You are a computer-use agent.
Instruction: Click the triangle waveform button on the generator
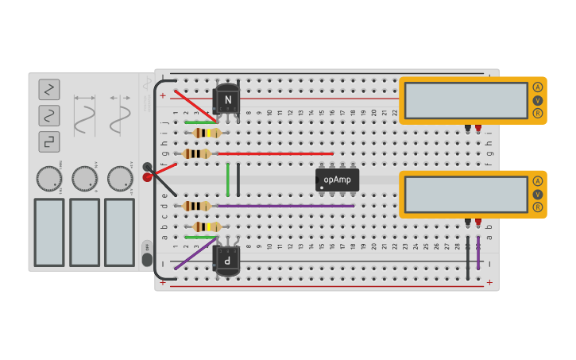49,89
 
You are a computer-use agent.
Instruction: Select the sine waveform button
49,115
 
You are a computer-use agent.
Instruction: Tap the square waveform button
49,141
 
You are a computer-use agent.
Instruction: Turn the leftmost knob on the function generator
48,178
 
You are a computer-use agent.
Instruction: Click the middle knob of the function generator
84,178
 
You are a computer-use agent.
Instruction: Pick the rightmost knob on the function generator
120,178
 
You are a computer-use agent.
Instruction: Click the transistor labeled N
227,99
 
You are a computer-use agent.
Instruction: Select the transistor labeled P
227,260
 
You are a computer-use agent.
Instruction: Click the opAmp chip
337,180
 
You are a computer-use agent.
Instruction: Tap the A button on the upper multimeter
538,87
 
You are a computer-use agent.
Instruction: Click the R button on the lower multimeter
538,207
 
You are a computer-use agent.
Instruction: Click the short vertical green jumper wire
228,179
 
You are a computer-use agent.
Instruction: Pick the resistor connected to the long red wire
196,153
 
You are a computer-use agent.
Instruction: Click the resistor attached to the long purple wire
196,206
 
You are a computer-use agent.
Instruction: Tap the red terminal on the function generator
147,177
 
